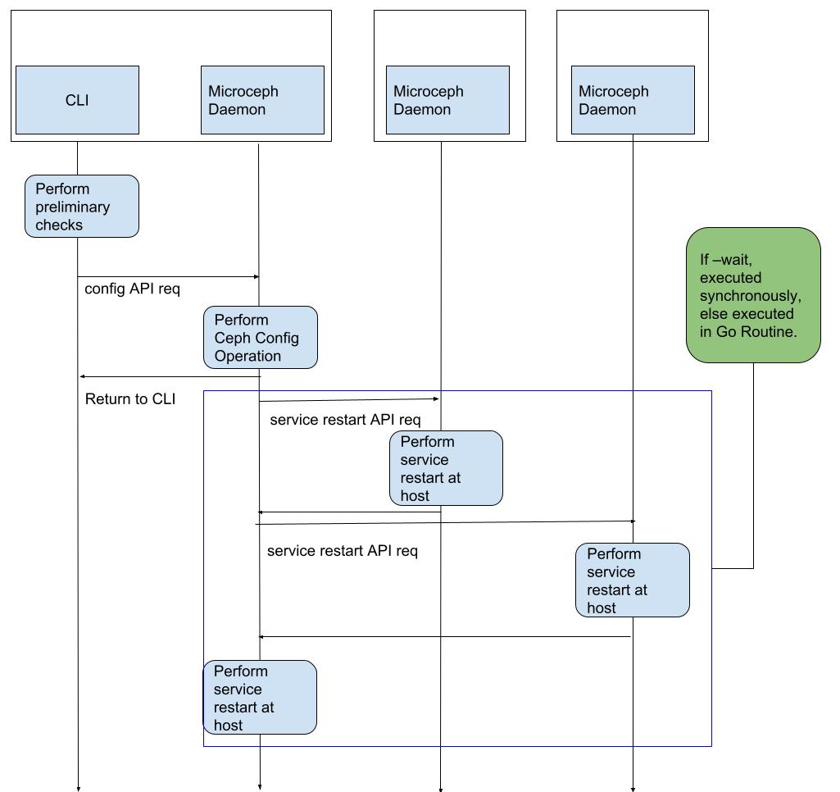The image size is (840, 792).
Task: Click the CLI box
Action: pyautogui.click(x=77, y=100)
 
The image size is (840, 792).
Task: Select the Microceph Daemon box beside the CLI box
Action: pyautogui.click(x=262, y=100)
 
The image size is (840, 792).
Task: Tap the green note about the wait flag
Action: pyautogui.click(x=753, y=295)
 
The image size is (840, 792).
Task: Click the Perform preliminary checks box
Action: pyautogui.click(x=81, y=207)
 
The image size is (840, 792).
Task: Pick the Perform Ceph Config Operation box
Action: pyautogui.click(x=260, y=338)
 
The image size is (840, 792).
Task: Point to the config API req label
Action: pyautogui.click(x=132, y=289)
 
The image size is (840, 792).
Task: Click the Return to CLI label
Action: pyautogui.click(x=129, y=399)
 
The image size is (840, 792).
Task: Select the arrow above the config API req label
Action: pyautogui.click(x=168, y=277)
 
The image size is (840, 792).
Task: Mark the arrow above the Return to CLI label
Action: pyautogui.click(x=169, y=377)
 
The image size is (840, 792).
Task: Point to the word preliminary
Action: pyautogui.click(x=72, y=207)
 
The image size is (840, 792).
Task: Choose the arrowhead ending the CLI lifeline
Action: pyautogui.click(x=78, y=789)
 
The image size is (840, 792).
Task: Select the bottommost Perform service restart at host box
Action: pyautogui.click(x=260, y=698)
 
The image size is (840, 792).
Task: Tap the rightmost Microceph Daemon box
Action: pyautogui.click(x=633, y=100)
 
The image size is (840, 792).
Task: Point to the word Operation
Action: pyautogui.click(x=247, y=356)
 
